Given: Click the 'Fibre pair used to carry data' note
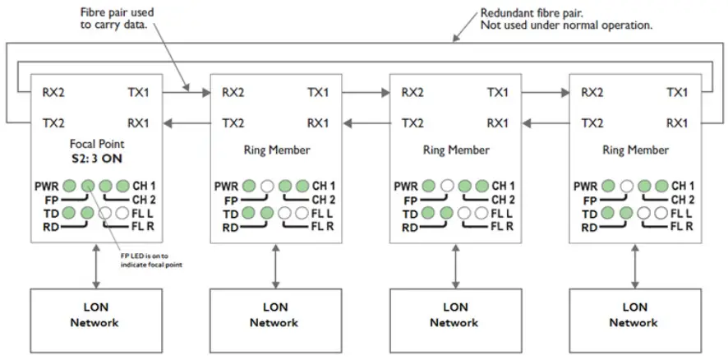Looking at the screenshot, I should [x=117, y=20].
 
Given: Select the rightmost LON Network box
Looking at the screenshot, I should [x=634, y=315].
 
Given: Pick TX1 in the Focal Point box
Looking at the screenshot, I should [x=138, y=92].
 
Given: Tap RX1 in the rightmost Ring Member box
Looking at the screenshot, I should [x=677, y=123].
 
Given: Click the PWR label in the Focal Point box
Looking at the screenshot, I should [x=47, y=186].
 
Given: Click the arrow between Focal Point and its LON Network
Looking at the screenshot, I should [x=96, y=265].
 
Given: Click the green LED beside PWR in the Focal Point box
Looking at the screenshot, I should [x=71, y=186].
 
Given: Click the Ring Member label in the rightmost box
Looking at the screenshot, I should [x=634, y=150].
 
